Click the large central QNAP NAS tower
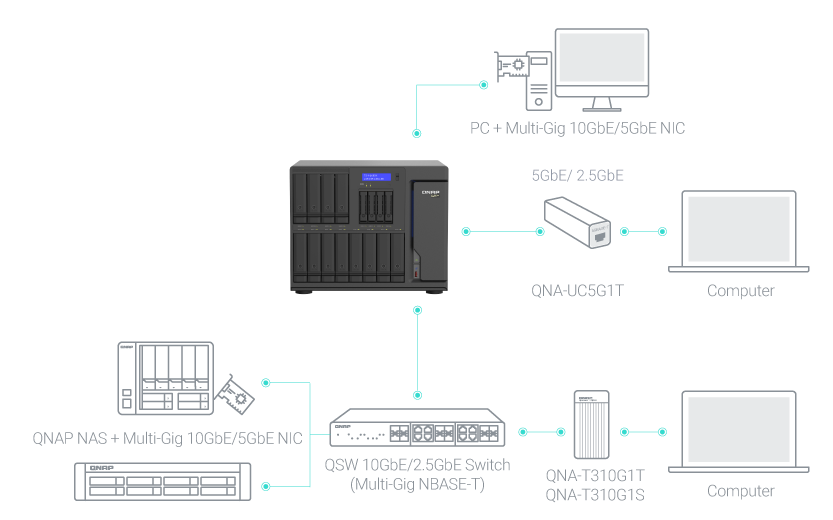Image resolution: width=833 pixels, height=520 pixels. [367, 225]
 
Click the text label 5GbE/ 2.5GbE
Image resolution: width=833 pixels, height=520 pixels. [578, 175]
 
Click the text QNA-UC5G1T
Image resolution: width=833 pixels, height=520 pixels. [581, 291]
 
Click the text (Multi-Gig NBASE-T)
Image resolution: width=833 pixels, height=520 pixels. [417, 484]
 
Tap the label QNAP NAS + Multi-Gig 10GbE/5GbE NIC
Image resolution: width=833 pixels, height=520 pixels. [167, 437]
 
